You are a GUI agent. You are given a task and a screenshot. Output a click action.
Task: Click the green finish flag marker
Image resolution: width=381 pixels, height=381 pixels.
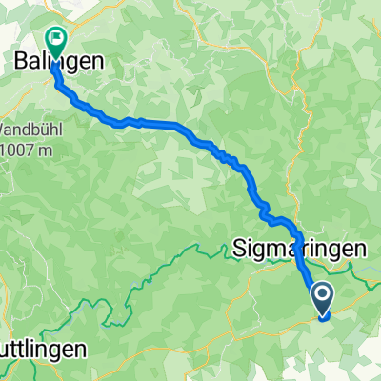tap(55, 40)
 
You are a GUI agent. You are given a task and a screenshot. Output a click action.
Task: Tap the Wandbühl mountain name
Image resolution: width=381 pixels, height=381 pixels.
tap(27, 128)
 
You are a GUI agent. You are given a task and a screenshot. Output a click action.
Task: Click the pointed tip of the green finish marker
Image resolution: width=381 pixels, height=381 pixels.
tap(55, 56)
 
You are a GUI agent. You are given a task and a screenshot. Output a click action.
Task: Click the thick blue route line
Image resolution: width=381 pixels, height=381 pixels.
tap(171, 125)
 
